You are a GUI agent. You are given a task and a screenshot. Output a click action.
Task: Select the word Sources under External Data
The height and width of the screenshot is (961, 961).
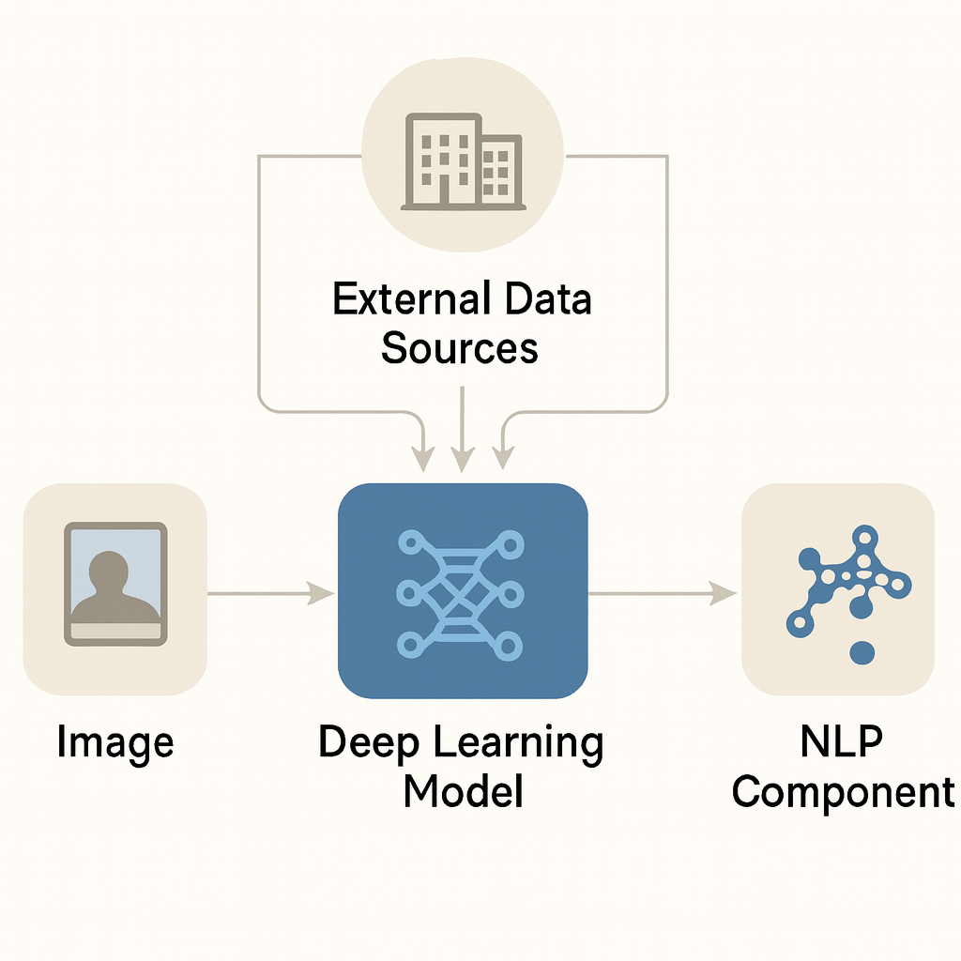coord(460,347)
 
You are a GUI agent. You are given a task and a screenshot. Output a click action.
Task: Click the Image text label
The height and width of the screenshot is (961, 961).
coord(115,742)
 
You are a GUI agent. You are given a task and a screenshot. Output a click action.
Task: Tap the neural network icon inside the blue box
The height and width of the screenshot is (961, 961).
coord(460,591)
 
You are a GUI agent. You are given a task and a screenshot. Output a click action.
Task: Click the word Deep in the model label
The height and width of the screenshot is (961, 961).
coord(368,742)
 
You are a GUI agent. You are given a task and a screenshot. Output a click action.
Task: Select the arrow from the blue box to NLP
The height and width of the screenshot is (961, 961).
coord(663,592)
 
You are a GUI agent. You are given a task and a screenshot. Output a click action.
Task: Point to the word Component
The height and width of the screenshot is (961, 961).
coord(842,793)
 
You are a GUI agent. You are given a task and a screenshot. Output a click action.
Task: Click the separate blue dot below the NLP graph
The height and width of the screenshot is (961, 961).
coord(862,650)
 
